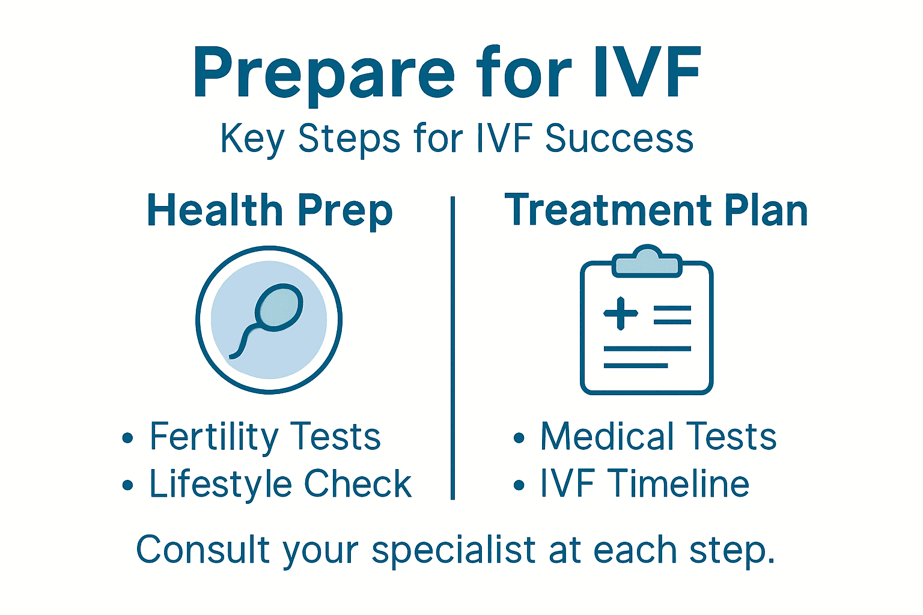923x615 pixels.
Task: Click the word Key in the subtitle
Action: point(252,139)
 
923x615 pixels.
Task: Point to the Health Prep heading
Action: point(270,211)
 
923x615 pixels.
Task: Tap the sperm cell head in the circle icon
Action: point(279,307)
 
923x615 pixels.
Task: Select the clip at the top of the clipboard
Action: point(647,262)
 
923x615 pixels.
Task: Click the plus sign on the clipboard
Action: point(621,314)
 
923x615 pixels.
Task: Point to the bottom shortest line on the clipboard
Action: point(635,365)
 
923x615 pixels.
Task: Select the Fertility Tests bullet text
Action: point(265,437)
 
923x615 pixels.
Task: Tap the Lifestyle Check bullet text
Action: point(280,484)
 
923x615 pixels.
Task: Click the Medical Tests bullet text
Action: point(658,437)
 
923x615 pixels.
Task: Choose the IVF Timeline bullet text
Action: point(644,484)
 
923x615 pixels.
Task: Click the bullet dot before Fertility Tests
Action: point(127,438)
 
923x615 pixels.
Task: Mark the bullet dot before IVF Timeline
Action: point(519,485)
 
